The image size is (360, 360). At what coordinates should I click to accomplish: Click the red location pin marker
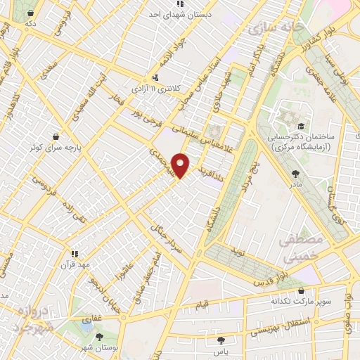click(181, 165)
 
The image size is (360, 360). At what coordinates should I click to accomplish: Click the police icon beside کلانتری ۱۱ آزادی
click(155, 77)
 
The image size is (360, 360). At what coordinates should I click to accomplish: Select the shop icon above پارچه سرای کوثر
click(55, 136)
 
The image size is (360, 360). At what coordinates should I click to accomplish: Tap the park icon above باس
click(221, 340)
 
